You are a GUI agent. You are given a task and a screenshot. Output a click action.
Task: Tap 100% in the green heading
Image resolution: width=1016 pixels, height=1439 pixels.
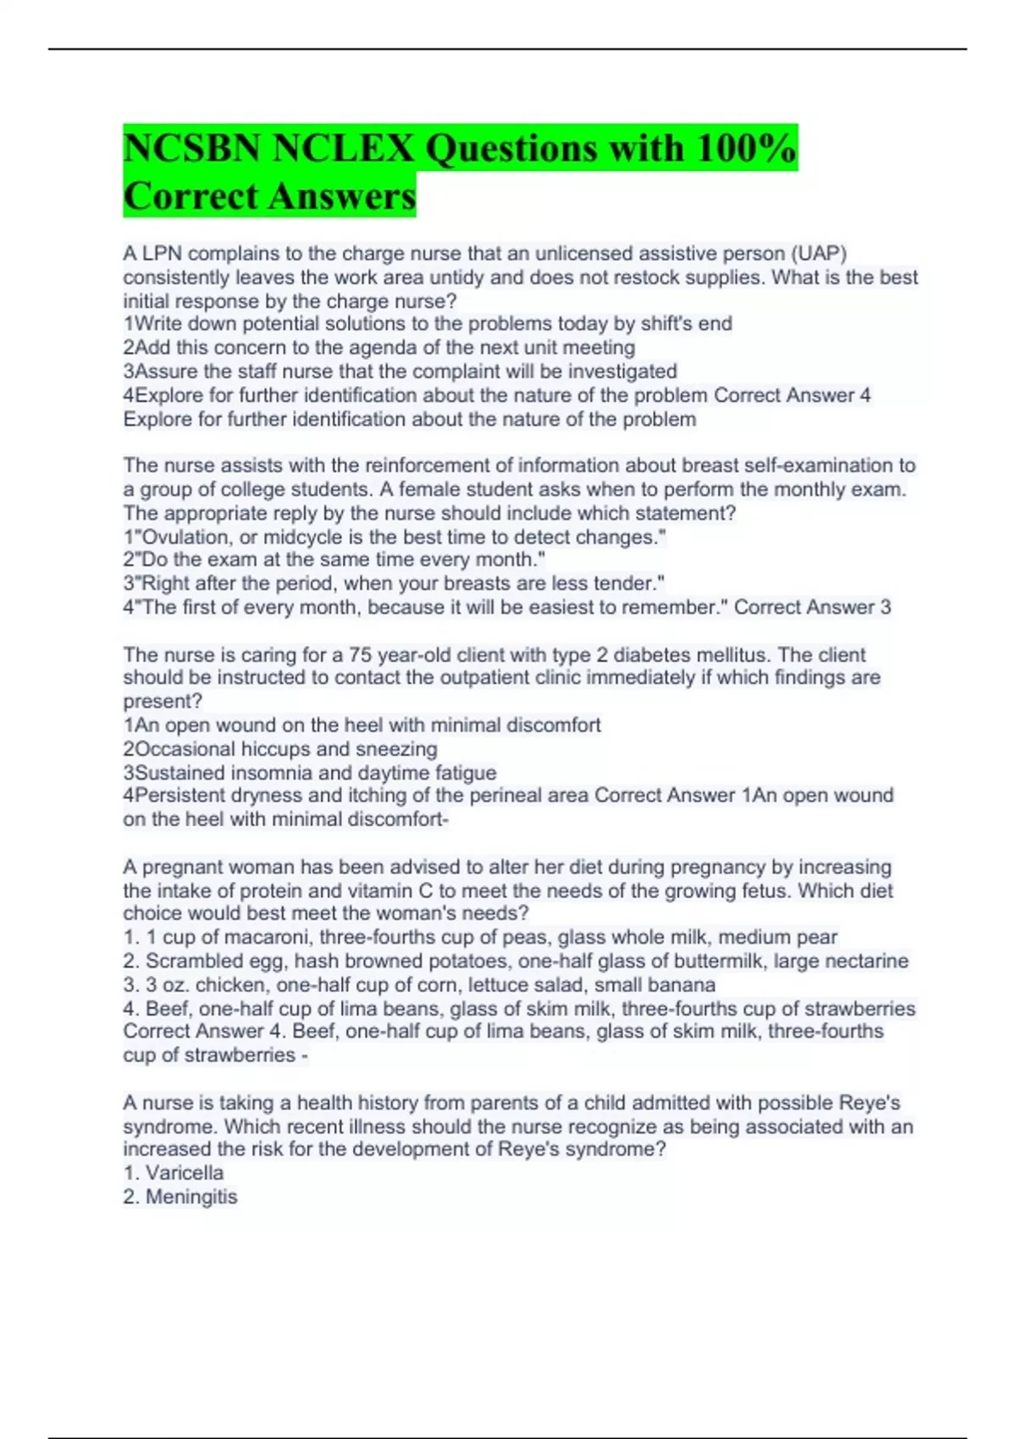click(x=746, y=149)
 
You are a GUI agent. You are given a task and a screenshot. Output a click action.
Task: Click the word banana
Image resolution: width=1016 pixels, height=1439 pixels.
click(x=685, y=985)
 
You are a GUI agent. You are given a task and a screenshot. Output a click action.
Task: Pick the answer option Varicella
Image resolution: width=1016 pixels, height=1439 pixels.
click(x=185, y=1173)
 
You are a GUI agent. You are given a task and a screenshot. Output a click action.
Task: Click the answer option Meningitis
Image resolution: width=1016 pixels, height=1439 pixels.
click(x=191, y=1197)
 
